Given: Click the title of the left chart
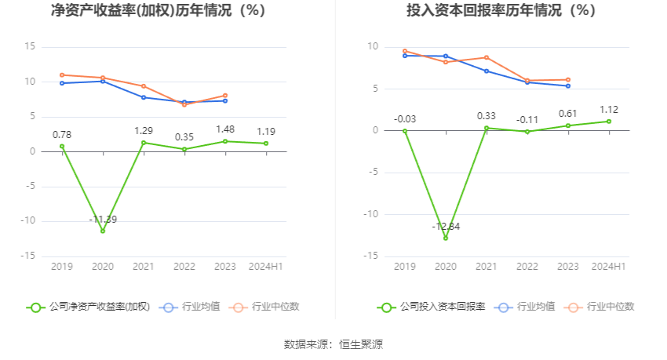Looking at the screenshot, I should tap(158, 11).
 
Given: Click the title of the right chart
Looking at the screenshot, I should tap(501, 11).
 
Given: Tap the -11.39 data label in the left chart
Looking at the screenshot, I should tap(103, 220).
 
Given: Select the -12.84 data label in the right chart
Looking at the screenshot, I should tap(445, 226).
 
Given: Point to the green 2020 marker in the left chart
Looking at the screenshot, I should tap(103, 231).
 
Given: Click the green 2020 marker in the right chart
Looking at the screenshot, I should tap(446, 238).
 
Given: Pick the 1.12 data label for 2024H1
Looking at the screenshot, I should tap(609, 110).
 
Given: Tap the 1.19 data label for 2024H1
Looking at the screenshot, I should tap(266, 132).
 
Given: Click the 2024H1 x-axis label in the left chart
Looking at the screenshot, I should tap(266, 267).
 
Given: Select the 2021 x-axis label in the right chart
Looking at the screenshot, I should tap(487, 267).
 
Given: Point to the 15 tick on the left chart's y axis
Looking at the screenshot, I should tap(30, 47).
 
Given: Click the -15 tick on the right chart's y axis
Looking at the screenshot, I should tap(372, 256).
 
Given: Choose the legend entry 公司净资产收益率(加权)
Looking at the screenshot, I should tap(88, 307).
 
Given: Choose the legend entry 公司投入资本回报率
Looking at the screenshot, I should tap(432, 307).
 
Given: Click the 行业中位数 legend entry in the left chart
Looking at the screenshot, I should tap(264, 307).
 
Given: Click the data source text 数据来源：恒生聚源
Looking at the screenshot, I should tap(333, 344).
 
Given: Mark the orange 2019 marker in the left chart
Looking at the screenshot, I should tap(62, 75).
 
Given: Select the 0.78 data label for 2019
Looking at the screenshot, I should tap(62, 135).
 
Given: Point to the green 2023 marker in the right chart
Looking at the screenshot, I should tap(568, 125).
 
